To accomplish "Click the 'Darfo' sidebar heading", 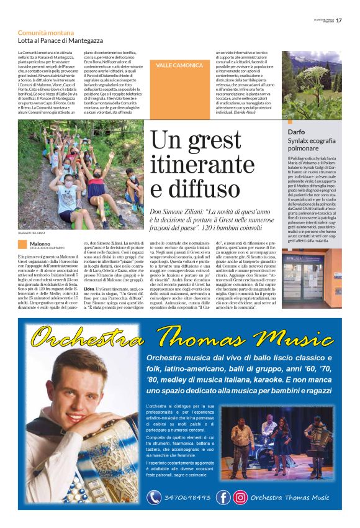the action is click(x=296, y=132).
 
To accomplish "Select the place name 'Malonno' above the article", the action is click(x=40, y=244).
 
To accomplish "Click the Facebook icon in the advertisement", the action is click(x=223, y=497).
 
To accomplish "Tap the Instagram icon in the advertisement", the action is click(x=240, y=497).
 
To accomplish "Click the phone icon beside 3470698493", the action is click(x=154, y=498).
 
